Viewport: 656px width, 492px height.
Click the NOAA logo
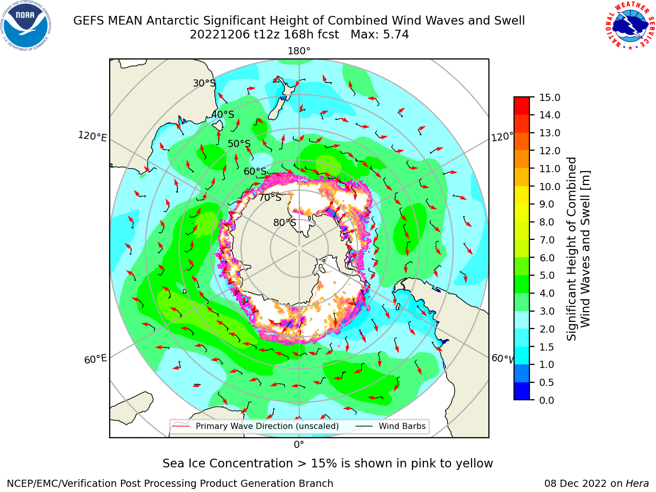click(26, 26)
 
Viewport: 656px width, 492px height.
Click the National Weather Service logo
click(630, 25)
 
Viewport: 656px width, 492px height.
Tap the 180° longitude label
click(299, 51)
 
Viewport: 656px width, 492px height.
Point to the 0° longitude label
click(299, 445)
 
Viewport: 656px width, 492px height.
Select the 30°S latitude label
click(204, 83)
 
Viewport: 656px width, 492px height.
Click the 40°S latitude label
click(223, 114)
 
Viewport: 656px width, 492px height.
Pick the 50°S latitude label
click(239, 143)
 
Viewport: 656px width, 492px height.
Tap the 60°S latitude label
click(255, 171)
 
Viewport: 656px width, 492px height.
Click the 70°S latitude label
click(270, 197)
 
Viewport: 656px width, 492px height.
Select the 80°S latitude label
click(284, 222)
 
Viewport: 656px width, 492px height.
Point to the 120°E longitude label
click(92, 136)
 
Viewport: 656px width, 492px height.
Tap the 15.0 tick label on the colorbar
click(549, 97)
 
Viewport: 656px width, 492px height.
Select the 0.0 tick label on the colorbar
click(547, 400)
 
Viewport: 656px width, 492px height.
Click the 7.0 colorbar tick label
click(547, 240)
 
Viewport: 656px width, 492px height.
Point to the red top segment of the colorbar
click(522, 106)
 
